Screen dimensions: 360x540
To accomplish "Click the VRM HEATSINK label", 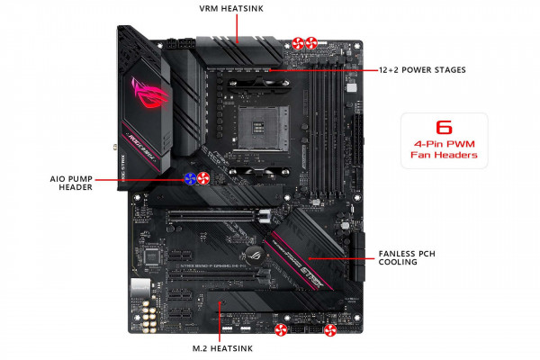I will click(238, 10).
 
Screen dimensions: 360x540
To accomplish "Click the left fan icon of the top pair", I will click(298, 42).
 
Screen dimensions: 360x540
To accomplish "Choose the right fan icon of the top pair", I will click(312, 42).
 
